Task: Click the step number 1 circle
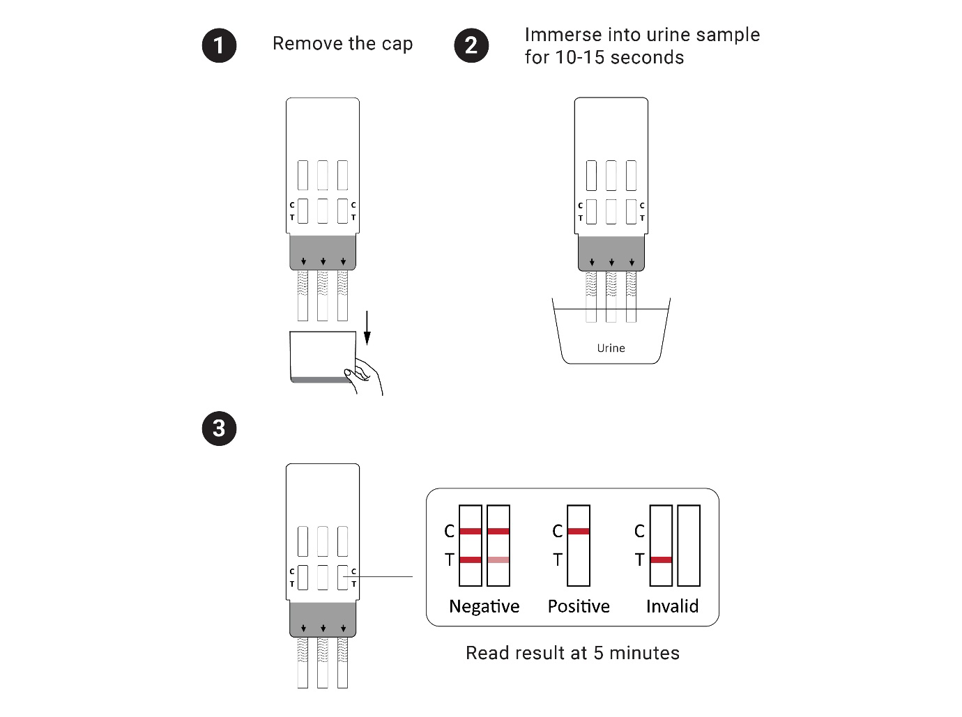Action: [x=219, y=45]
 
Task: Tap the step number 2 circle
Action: [x=471, y=45]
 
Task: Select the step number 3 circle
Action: [x=219, y=428]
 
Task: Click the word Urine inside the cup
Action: [x=611, y=348]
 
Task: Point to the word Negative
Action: [x=484, y=606]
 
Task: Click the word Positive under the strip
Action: [x=579, y=606]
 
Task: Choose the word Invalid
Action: [x=672, y=606]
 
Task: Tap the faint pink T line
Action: [x=498, y=560]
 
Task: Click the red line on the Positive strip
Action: [x=579, y=531]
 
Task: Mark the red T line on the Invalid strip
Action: [x=661, y=560]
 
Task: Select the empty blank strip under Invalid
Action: [x=689, y=545]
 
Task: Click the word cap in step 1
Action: [x=397, y=44]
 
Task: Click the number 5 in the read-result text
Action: [x=598, y=653]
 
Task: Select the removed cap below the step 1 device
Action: [x=322, y=356]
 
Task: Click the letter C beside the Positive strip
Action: [x=557, y=531]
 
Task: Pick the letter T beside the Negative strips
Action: [x=450, y=560]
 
